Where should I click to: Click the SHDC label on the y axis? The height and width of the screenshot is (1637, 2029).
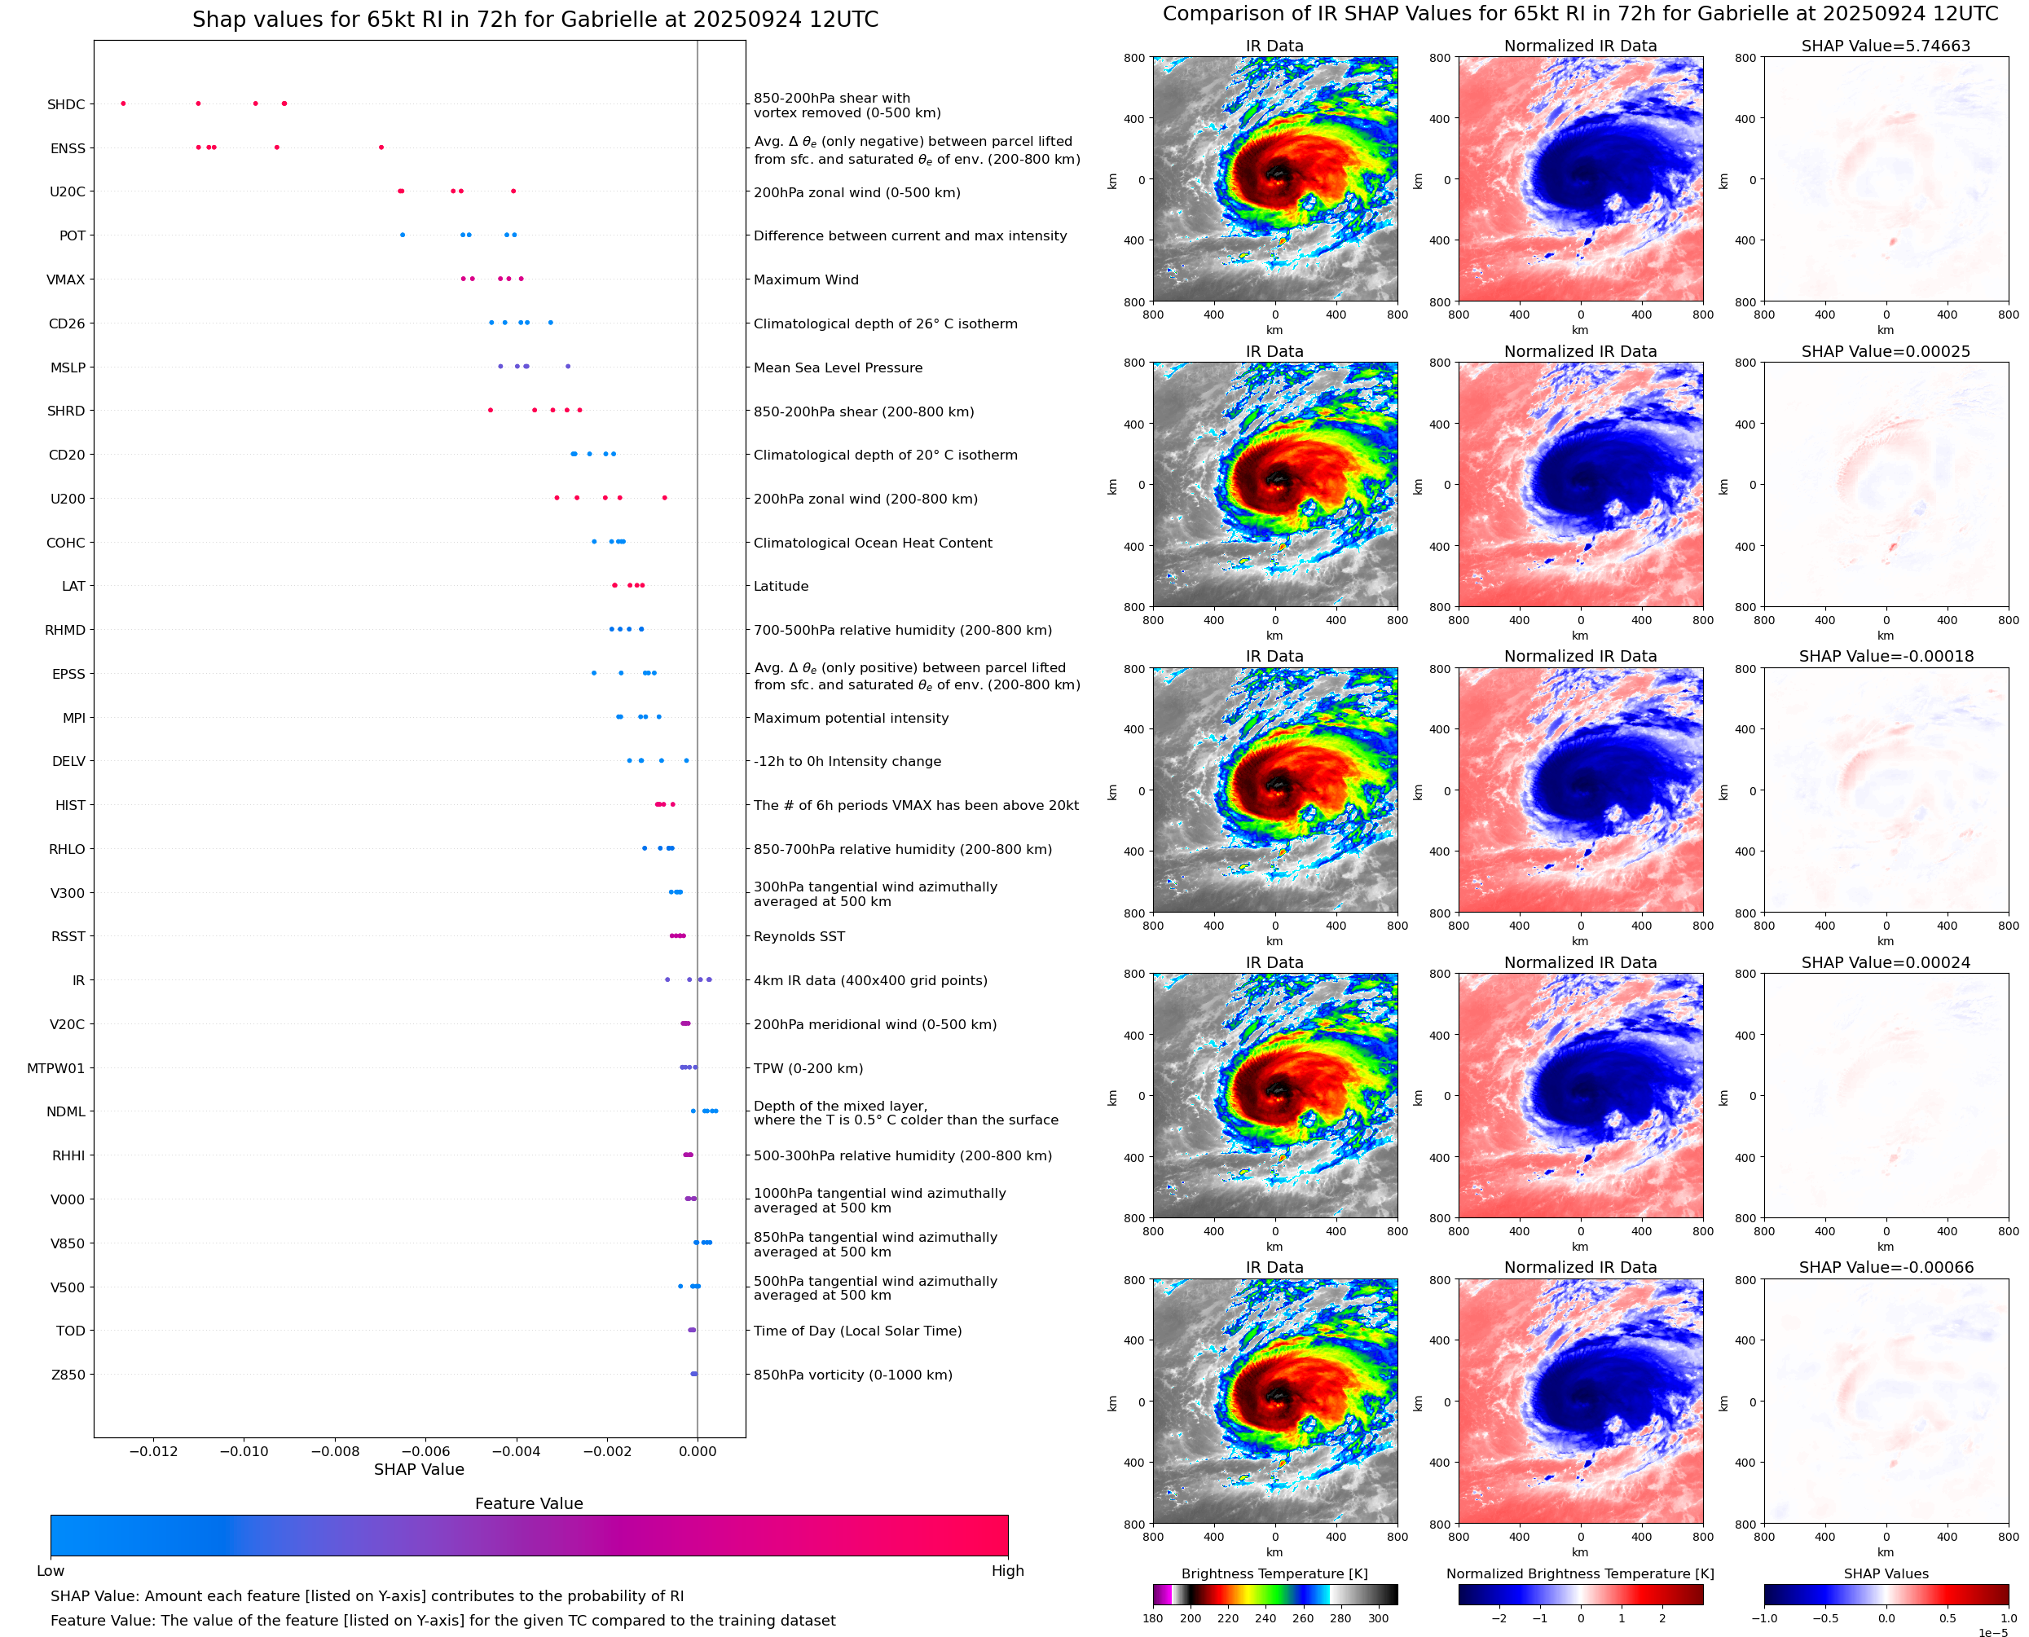[x=66, y=104]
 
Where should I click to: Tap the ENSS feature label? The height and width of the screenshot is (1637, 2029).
[x=68, y=148]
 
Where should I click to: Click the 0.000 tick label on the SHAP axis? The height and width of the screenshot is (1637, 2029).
[x=697, y=1451]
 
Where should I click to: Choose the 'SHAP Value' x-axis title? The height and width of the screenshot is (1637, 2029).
[x=419, y=1469]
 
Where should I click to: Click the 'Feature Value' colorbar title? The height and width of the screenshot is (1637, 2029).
[x=529, y=1503]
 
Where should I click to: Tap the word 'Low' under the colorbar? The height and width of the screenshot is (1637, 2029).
[x=50, y=1571]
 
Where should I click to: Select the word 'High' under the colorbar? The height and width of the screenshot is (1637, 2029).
[x=1007, y=1571]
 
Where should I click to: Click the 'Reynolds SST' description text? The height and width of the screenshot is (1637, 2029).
[x=799, y=936]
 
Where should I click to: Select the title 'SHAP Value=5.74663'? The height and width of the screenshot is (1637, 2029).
[x=1886, y=46]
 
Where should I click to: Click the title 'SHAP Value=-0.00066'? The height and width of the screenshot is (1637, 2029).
[x=1886, y=1267]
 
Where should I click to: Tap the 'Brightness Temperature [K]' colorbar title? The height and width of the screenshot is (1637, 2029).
[x=1274, y=1573]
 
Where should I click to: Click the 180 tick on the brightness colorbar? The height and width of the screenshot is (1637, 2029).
[x=1153, y=1618]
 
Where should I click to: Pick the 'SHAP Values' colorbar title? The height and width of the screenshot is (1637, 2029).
[x=1886, y=1573]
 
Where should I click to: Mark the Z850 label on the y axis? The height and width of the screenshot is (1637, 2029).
[x=68, y=1375]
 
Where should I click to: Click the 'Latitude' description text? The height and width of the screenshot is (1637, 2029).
[x=781, y=587]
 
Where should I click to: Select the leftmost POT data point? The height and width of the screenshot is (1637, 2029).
[x=403, y=235]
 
